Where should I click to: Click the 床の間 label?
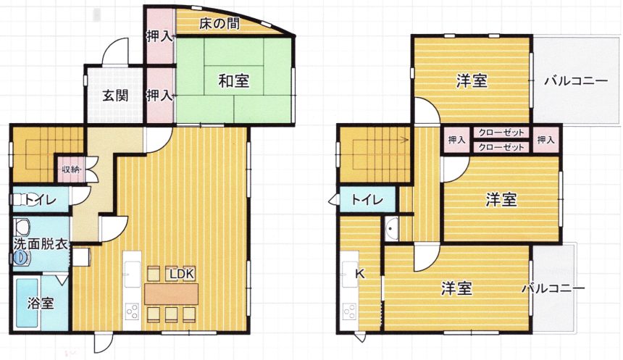pyautogui.click(x=219, y=23)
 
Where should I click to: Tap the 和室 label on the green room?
pyautogui.click(x=234, y=81)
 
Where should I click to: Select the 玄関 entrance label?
pyautogui.click(x=115, y=96)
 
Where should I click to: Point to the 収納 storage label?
pyautogui.click(x=71, y=169)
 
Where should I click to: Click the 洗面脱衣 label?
pyautogui.click(x=41, y=243)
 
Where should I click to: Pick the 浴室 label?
pyautogui.click(x=41, y=304)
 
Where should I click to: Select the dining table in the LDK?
pyautogui.click(x=171, y=294)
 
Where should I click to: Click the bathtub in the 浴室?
pyautogui.click(x=26, y=304)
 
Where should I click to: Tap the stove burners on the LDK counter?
pyautogui.click(x=132, y=311)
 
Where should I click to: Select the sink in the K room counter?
pyautogui.click(x=349, y=275)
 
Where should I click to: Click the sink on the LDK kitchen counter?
pyautogui.click(x=133, y=275)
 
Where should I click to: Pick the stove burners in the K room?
pyautogui.click(x=349, y=311)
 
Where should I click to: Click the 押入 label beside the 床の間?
pyautogui.click(x=159, y=38)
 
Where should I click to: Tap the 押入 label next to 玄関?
pyautogui.click(x=159, y=96)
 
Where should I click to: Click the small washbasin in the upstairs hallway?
pyautogui.click(x=392, y=229)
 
